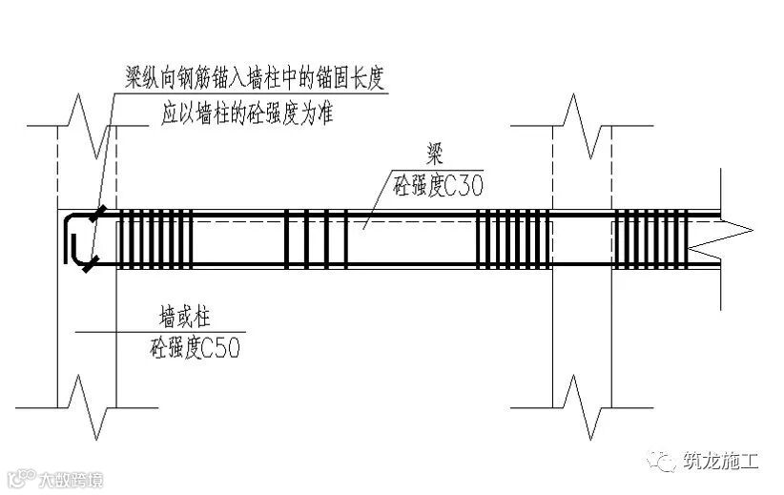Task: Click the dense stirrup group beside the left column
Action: coord(155,238)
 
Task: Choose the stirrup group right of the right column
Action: coord(646,238)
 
